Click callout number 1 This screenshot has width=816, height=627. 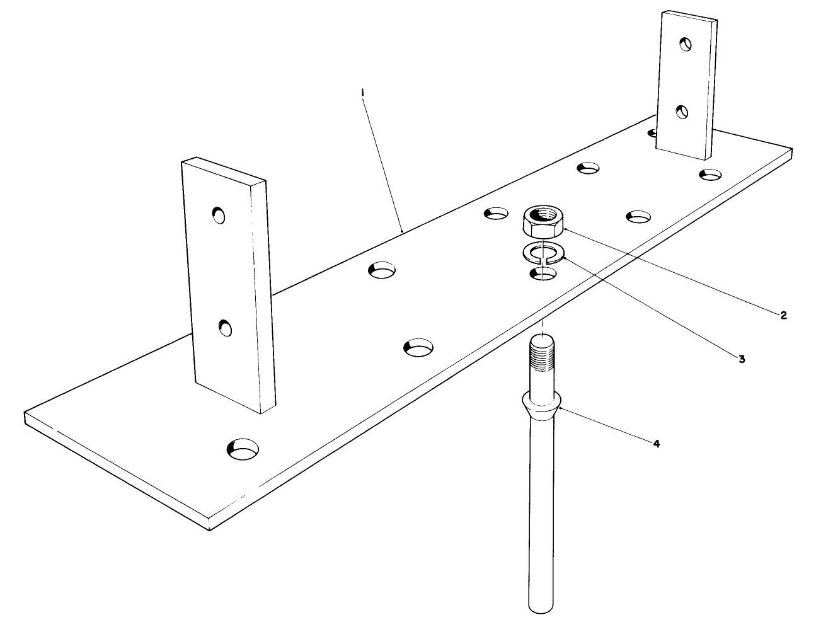coord(363,93)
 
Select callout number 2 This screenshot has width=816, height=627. coord(783,315)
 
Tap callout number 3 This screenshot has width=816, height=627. coord(742,359)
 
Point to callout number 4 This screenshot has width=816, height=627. coord(656,444)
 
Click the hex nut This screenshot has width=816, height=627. coord(543,220)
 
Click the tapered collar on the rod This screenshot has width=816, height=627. coord(541,403)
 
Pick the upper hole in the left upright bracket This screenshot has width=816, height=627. coord(219,215)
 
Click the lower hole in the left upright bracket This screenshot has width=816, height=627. coord(225,328)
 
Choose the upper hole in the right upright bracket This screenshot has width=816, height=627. coord(686,44)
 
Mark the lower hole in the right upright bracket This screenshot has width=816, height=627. coord(682,112)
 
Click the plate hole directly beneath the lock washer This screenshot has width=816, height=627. coord(543,273)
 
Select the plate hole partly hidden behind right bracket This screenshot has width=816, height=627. coord(653,133)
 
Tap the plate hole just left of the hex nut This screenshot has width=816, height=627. coord(496,213)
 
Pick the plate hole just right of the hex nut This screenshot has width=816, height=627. coord(638,217)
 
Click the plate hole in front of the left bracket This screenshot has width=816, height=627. coord(243,449)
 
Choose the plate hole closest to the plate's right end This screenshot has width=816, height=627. coord(710,174)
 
